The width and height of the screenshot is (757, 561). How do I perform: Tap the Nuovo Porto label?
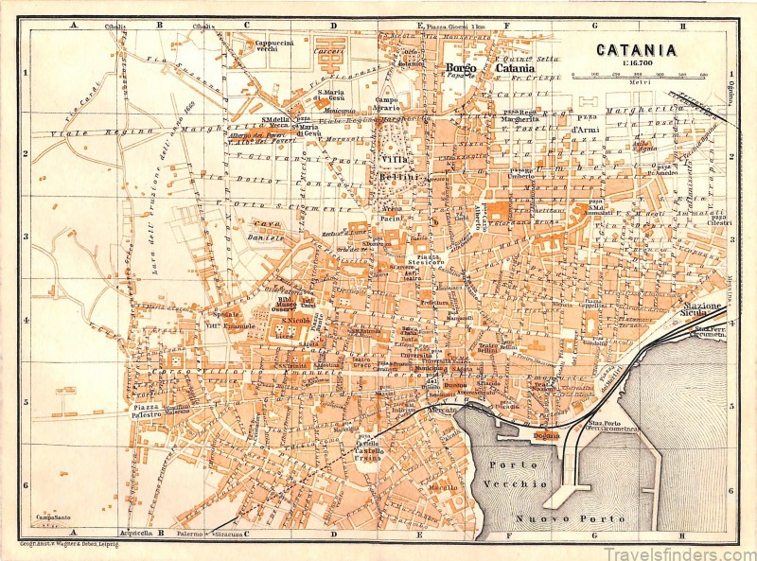570,519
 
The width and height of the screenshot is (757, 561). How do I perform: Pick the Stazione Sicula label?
701,311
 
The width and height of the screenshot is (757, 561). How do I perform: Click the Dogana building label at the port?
546,435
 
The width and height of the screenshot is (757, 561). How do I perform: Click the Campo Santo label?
54,517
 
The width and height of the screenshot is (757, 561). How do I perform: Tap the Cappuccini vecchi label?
274,45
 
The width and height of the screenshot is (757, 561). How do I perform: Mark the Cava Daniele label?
266,233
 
